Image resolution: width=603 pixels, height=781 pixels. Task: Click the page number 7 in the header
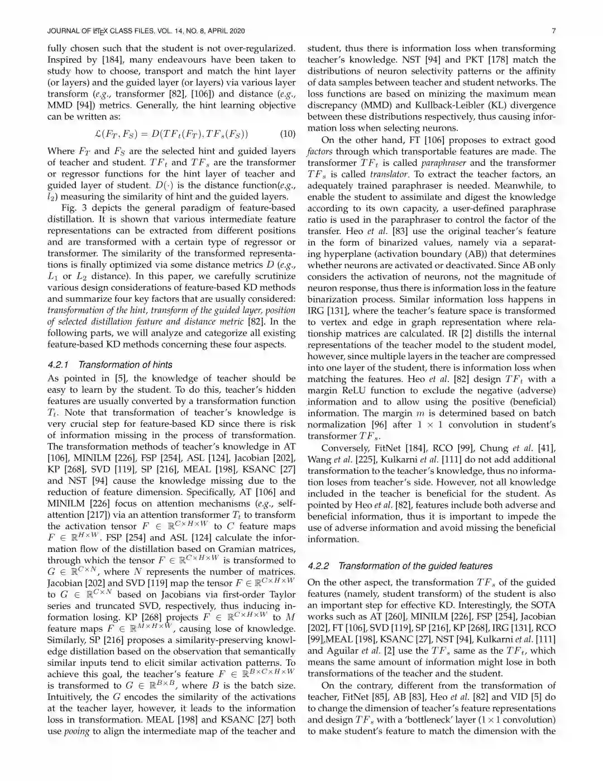(553, 31)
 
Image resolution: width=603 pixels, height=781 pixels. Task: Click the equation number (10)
(286, 134)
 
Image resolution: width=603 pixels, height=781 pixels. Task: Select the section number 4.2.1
(58, 365)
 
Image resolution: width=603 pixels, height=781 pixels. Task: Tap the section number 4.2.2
(318, 566)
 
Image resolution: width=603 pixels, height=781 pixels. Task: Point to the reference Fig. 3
(72, 207)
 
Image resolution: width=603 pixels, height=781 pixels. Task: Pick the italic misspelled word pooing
(77, 731)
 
